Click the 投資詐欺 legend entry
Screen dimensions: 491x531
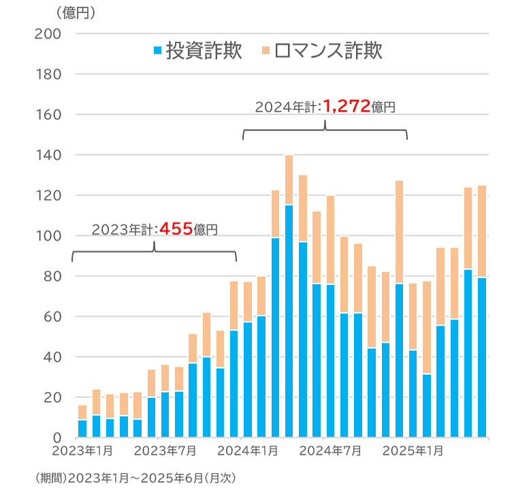(x=197, y=52)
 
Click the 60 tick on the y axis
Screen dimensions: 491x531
(x=51, y=316)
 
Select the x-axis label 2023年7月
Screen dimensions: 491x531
(x=166, y=451)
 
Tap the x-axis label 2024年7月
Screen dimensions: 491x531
(x=330, y=451)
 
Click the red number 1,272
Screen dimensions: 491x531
(x=347, y=106)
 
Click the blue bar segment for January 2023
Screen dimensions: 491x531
(x=82, y=428)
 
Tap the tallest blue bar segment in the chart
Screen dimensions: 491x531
(x=289, y=320)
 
